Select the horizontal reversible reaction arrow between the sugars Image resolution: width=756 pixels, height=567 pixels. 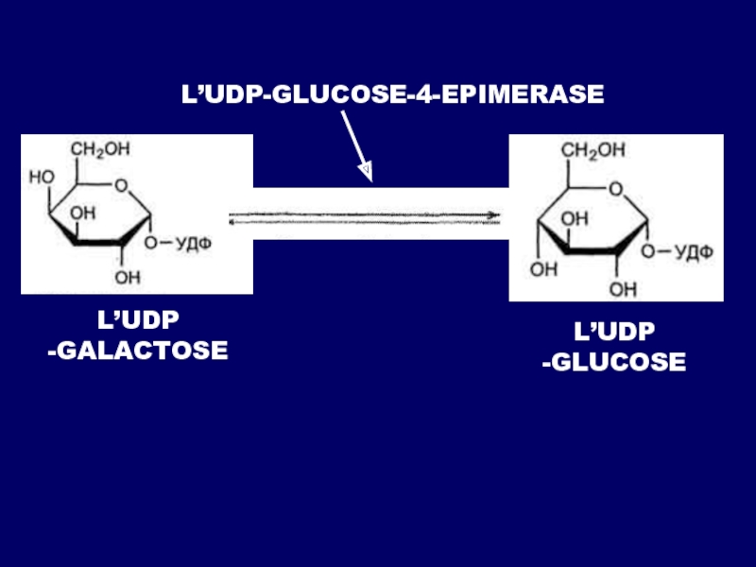(x=365, y=216)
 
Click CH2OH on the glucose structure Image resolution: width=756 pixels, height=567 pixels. (x=593, y=150)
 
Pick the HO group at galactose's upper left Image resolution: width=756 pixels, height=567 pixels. (x=42, y=177)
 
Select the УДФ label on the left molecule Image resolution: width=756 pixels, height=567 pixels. (x=193, y=244)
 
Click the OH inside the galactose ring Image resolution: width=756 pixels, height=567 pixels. (x=83, y=215)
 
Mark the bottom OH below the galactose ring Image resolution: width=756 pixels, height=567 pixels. (x=124, y=278)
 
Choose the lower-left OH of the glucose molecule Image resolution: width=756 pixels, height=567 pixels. (x=543, y=269)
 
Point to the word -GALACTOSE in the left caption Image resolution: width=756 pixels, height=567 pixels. (x=138, y=352)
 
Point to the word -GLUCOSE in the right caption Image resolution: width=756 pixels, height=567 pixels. (x=614, y=362)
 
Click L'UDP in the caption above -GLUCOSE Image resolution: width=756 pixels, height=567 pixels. (x=615, y=331)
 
